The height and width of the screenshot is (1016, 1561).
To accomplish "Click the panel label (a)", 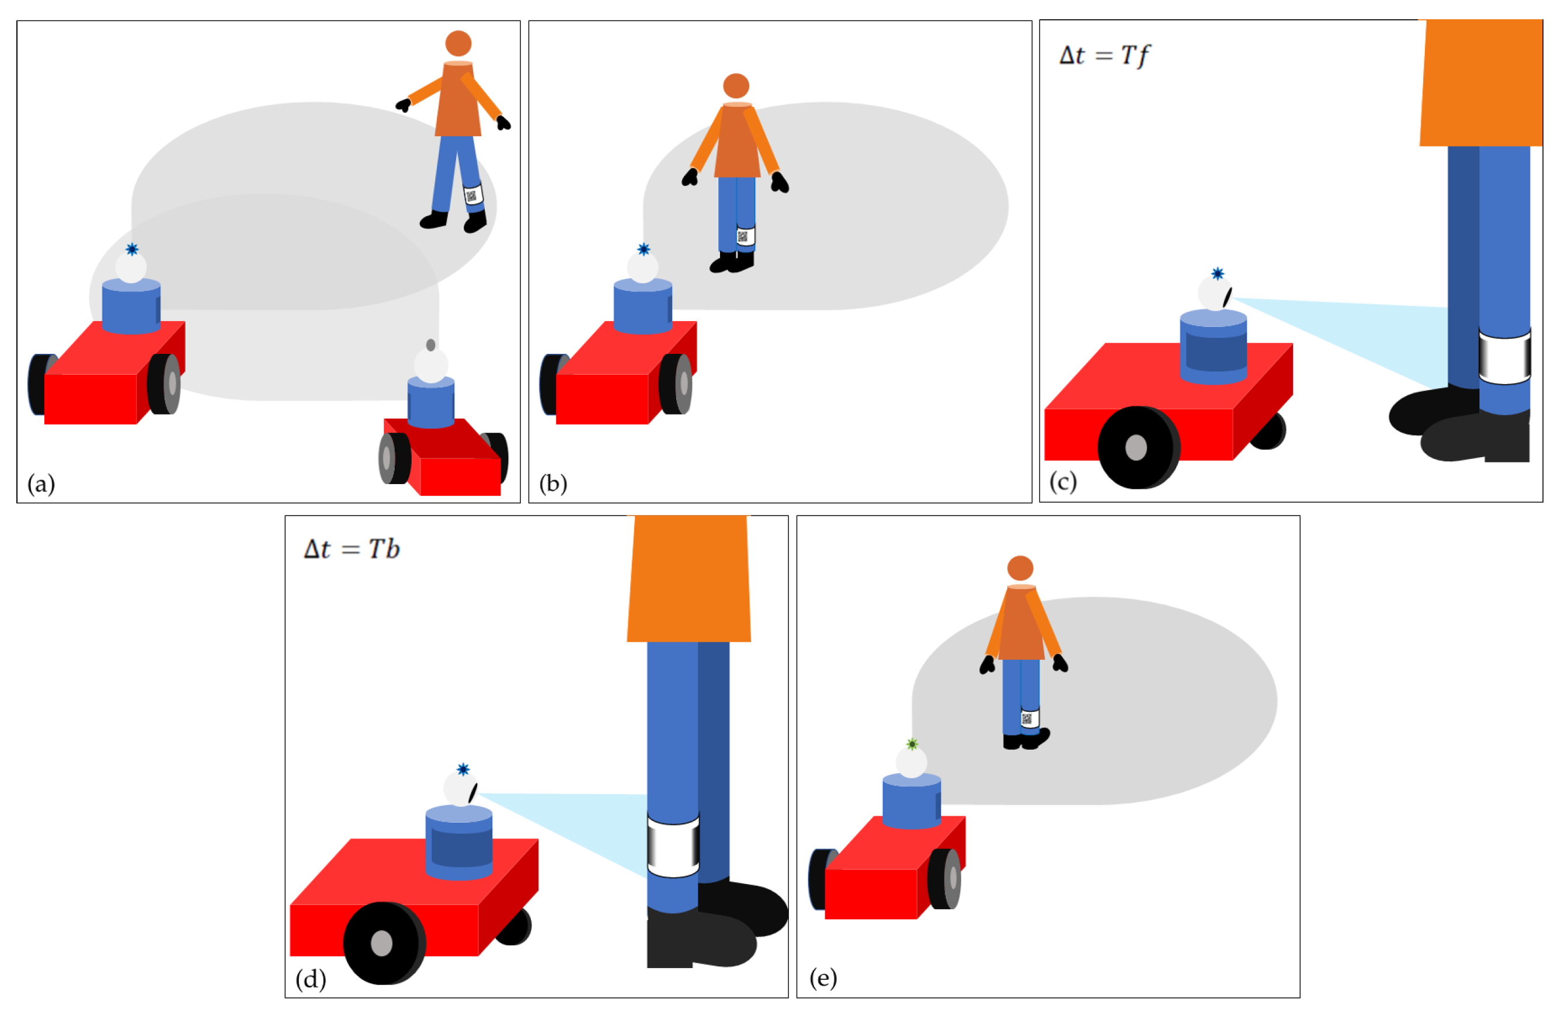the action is pos(41,484).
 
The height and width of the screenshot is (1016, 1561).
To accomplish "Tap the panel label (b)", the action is pos(553,484).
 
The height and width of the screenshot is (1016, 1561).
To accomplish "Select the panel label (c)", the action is pos(1063,482).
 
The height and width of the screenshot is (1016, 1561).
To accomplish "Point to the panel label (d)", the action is pos(311,979).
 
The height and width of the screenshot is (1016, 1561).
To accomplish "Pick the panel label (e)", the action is pos(823,978).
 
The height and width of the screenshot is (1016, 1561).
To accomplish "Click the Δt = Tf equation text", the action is pos(1104,55).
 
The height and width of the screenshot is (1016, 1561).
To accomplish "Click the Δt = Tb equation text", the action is pos(352,549).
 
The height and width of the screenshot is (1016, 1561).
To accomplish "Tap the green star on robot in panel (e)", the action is pos(912,744).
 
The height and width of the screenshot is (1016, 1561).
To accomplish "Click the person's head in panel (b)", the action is pos(736,86).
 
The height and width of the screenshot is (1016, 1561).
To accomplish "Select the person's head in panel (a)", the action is pos(458,43).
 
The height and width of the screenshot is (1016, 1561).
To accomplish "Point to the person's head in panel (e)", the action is pos(1020,568).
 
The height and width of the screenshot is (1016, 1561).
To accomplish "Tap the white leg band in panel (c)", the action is pos(1504,356).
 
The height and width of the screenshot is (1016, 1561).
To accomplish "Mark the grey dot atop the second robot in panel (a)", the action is pos(430,345).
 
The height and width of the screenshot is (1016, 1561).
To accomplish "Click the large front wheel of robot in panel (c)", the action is pos(1139,447).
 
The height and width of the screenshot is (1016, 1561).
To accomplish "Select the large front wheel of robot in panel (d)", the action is pos(384,943).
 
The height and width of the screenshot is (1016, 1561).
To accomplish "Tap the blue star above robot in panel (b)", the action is pos(644,249).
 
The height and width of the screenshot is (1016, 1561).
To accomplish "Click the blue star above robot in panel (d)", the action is pos(463,769).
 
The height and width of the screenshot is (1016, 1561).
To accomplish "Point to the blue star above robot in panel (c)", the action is pos(1217,273).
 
